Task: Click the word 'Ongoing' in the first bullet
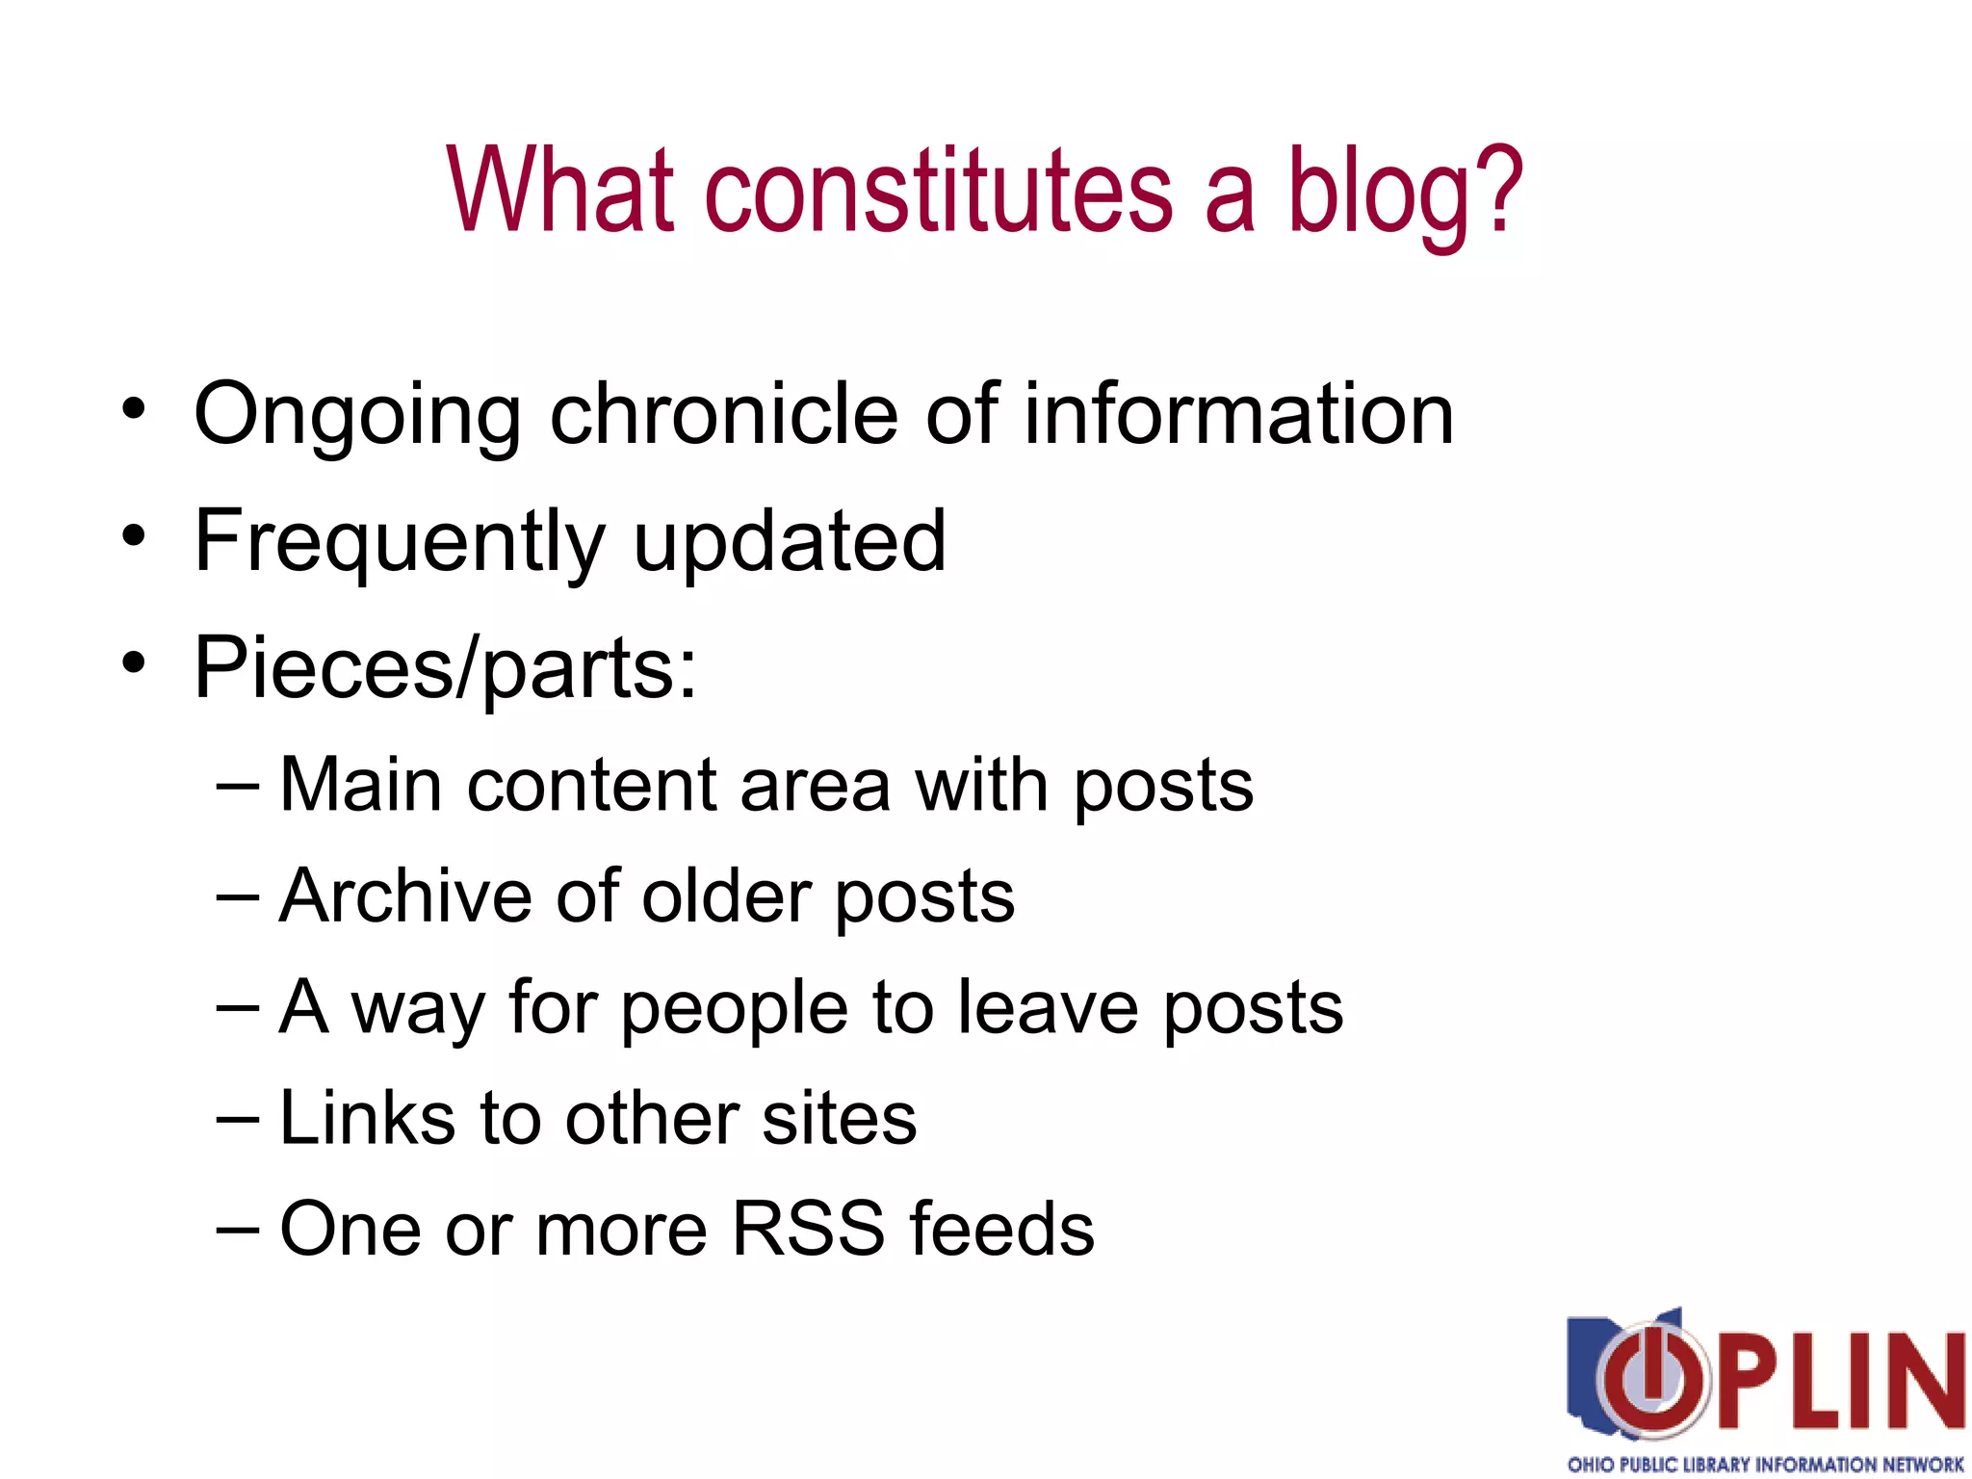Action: click(x=357, y=416)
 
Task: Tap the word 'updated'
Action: click(x=790, y=541)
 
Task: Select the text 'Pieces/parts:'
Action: click(x=445, y=668)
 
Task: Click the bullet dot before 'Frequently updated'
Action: click(x=134, y=535)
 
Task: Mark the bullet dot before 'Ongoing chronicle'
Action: click(x=134, y=408)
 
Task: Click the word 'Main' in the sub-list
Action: click(x=360, y=785)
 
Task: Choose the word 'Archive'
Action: click(x=404, y=896)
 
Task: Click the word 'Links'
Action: click(x=367, y=1119)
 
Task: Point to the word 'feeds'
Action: click(x=1001, y=1230)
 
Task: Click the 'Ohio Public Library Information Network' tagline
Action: click(x=1765, y=1464)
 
